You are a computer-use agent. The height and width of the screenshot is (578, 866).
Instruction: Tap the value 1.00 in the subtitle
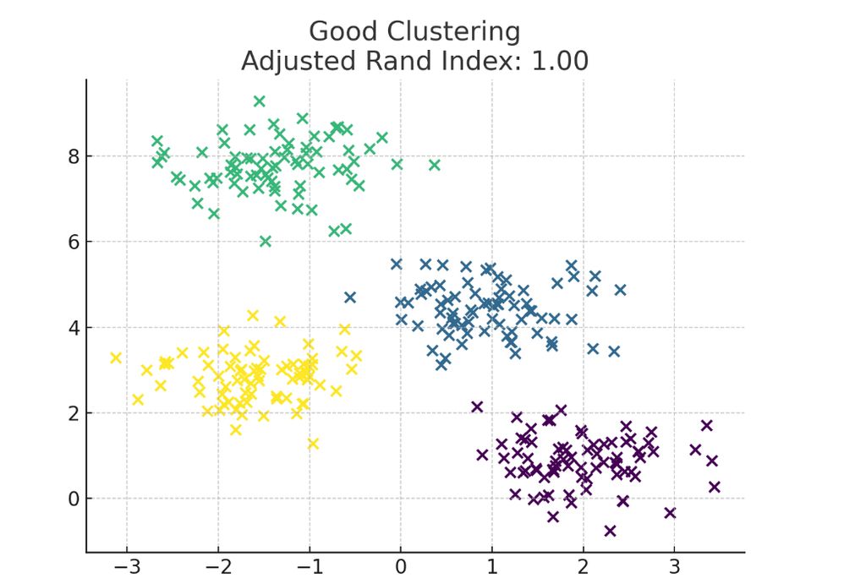pos(560,62)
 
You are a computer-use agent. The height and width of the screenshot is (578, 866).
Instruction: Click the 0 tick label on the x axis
pos(401,565)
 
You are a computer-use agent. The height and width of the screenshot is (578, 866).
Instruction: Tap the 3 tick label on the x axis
pos(674,565)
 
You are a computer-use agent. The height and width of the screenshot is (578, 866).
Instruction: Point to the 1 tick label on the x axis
pos(492,565)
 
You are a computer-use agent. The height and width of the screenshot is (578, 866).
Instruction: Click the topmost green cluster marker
pos(260,101)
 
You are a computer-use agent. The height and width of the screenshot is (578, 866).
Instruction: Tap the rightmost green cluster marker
pos(435,165)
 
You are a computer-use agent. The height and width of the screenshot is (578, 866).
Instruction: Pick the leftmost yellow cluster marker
pos(116,357)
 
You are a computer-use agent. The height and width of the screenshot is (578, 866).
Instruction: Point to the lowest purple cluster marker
pos(610,531)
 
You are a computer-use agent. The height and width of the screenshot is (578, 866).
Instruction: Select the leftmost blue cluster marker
pos(350,297)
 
